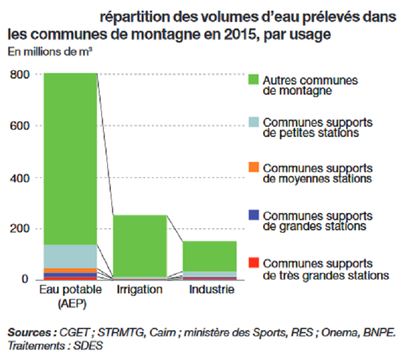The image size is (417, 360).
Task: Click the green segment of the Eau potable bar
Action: point(70,158)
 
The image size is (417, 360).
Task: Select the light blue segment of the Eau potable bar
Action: point(70,256)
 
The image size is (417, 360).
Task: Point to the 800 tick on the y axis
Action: point(20,74)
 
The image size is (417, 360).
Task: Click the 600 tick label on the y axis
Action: point(20,126)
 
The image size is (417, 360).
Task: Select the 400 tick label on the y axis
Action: point(20,177)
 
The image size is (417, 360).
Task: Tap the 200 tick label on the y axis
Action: point(20,229)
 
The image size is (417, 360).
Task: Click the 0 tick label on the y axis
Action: point(25,279)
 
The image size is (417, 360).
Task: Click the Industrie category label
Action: point(211,290)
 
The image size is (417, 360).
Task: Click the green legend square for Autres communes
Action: point(253,79)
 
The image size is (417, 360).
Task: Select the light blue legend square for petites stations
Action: point(253,122)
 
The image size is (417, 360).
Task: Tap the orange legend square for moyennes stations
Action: point(253,168)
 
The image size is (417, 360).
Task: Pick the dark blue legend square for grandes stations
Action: point(253,215)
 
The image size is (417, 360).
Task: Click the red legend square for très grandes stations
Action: point(253,262)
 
